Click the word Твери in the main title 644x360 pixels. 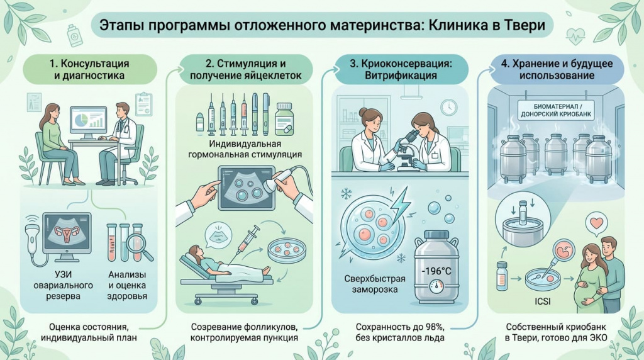(525, 25)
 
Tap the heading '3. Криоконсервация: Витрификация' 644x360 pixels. (401, 69)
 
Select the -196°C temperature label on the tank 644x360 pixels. (436, 271)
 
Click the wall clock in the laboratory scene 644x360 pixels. (448, 107)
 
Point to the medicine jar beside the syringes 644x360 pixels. (284, 119)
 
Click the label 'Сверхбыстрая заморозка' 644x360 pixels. (375, 284)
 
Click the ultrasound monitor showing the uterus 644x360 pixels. (67, 233)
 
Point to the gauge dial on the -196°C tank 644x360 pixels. (436, 287)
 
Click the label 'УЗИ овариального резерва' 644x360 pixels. (64, 285)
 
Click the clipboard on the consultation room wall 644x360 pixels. (144, 104)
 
